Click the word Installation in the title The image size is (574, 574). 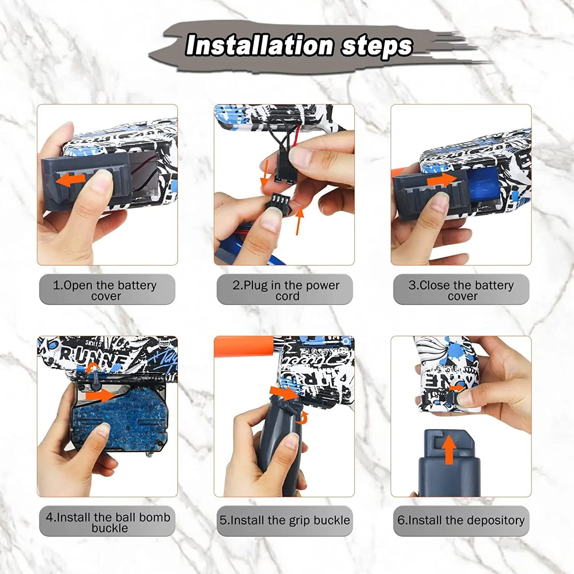coord(259,45)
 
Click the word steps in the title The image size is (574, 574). coord(377,46)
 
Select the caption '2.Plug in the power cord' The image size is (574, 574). coord(286,290)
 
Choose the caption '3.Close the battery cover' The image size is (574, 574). coord(461,290)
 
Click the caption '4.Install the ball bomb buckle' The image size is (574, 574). coord(108,522)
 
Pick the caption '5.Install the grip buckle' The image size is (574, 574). coord(285,520)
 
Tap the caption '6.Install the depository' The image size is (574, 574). coord(461,520)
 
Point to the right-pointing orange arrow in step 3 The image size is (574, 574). coord(442,179)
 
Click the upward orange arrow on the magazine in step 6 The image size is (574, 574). coord(449,450)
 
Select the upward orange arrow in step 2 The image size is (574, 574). coord(299,221)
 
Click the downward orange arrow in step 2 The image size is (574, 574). coord(264,174)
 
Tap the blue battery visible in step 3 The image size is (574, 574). coord(483,185)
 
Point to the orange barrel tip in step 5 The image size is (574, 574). coord(244,346)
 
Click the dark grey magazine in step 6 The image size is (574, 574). coord(449,463)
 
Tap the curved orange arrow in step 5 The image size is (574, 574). coord(303,418)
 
